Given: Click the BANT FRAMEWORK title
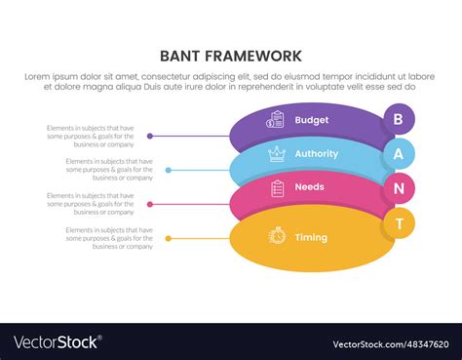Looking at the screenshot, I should click(231, 56).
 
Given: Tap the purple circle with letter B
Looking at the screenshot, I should click(398, 119).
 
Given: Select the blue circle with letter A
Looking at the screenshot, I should click(398, 153).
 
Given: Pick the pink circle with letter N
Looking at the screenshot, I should click(398, 186).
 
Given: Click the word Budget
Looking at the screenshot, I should click(311, 120).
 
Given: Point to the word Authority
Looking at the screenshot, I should click(316, 153).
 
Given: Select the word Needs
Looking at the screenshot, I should click(309, 186).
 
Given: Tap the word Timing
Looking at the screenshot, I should click(311, 237).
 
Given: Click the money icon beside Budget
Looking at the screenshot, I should click(277, 119).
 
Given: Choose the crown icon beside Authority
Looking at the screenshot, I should click(277, 153).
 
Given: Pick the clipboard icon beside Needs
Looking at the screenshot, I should click(277, 187).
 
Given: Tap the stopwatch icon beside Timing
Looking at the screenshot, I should click(277, 236).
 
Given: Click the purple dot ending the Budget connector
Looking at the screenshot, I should click(149, 136).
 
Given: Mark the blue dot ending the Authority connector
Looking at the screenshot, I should click(169, 170).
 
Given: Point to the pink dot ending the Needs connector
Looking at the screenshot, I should click(149, 204).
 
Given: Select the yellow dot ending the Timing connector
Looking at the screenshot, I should click(169, 238).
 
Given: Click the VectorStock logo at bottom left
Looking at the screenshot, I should click(56, 342).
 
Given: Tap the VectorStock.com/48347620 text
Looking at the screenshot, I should click(390, 343).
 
